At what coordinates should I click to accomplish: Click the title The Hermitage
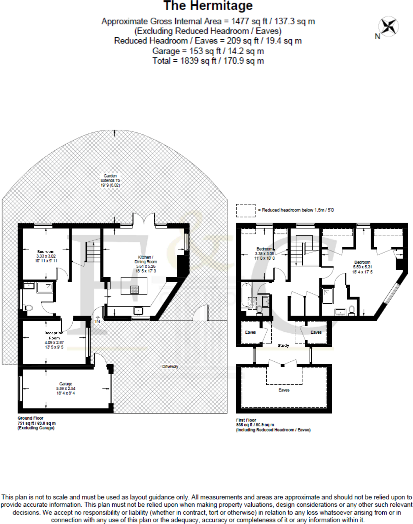click(208, 6)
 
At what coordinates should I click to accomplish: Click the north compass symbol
click(389, 27)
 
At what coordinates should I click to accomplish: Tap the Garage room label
click(66, 384)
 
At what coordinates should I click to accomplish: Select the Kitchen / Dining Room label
click(146, 259)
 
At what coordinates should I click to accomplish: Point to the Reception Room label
click(54, 335)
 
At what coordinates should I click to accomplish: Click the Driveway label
click(170, 367)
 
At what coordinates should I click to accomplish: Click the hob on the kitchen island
click(135, 290)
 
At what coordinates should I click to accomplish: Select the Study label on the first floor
click(283, 345)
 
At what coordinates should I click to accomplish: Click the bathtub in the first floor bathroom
click(246, 295)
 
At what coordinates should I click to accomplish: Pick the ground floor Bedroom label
click(46, 252)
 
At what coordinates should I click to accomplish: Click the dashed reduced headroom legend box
click(246, 210)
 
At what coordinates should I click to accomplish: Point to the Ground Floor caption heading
click(30, 418)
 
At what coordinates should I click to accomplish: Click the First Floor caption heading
click(246, 420)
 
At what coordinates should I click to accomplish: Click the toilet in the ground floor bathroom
click(28, 308)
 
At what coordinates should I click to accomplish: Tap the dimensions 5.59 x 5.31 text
click(363, 267)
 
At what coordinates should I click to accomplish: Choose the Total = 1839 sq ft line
click(208, 61)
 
